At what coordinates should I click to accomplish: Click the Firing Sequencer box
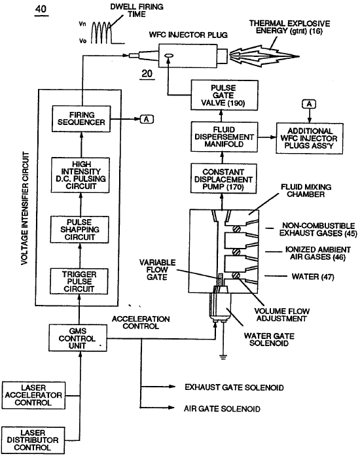(x=81, y=119)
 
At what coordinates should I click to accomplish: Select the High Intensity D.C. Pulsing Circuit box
(x=81, y=175)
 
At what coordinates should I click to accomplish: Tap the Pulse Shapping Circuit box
(x=80, y=230)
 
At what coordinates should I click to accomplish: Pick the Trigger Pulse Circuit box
(x=79, y=281)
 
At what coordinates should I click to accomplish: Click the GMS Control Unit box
(x=78, y=338)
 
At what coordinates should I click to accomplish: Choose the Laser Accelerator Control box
(x=33, y=396)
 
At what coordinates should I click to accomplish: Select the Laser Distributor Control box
(x=33, y=440)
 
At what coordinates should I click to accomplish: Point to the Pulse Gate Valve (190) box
(x=225, y=95)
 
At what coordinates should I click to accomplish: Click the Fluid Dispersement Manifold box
(x=224, y=137)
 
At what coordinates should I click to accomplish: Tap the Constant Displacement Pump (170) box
(x=223, y=179)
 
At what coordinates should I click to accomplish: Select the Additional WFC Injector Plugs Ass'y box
(x=310, y=139)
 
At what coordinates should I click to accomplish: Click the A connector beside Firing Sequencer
(x=147, y=119)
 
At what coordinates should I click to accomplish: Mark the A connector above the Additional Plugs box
(x=310, y=104)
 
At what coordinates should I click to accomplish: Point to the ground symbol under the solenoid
(x=223, y=357)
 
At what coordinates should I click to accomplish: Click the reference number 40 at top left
(x=41, y=10)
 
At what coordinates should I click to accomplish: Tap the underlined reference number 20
(x=147, y=74)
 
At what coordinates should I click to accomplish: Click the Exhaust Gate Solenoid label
(x=234, y=387)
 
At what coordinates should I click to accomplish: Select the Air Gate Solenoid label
(x=222, y=409)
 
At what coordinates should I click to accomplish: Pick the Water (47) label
(x=313, y=277)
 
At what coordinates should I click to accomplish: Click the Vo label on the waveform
(x=82, y=41)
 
